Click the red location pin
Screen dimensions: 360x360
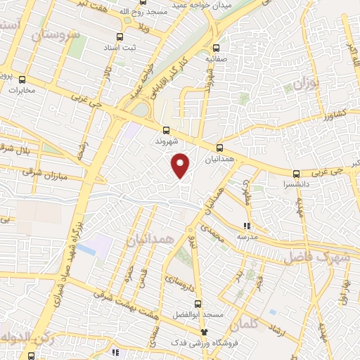[x=181, y=165]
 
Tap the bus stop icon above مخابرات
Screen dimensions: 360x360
[x=22, y=79]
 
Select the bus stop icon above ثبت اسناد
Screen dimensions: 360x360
[x=120, y=37]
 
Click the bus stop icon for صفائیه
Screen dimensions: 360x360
[x=216, y=49]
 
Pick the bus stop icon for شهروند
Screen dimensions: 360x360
[x=166, y=130]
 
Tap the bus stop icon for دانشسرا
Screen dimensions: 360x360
[x=296, y=174]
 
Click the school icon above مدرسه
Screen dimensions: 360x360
[x=247, y=226]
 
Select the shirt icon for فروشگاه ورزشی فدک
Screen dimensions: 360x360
[x=205, y=331]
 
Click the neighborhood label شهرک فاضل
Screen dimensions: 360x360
[x=312, y=257]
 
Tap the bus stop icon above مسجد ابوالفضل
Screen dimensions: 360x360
[x=198, y=304]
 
